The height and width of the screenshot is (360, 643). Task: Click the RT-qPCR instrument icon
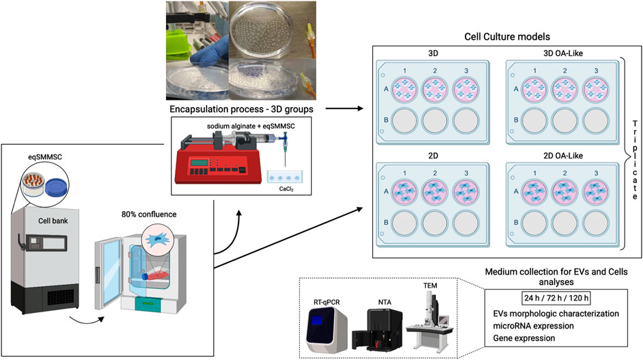[326, 325]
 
